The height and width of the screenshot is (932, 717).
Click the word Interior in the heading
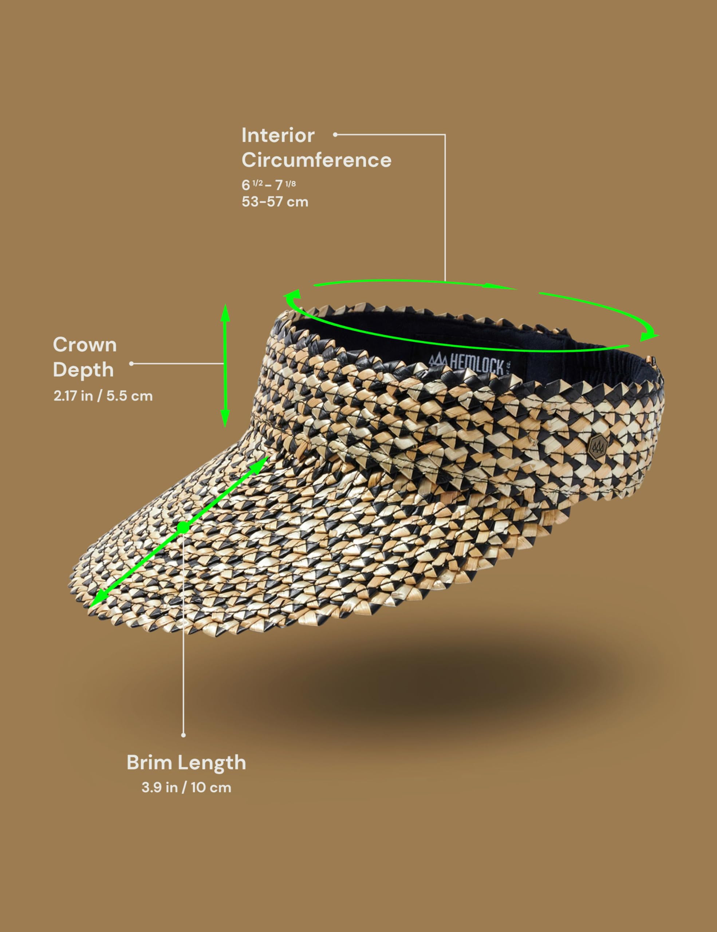[278, 135]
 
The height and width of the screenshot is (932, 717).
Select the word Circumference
[316, 160]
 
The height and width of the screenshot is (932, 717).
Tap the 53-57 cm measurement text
[275, 201]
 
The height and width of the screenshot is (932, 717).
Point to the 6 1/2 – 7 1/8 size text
[268, 185]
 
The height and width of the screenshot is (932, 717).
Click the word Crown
[84, 345]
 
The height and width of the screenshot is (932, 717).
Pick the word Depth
[83, 370]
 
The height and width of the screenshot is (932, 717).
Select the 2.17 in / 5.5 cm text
[103, 396]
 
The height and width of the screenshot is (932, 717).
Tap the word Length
[210, 763]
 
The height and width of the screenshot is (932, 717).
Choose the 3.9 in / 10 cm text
[186, 787]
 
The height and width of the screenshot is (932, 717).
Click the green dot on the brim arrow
[183, 527]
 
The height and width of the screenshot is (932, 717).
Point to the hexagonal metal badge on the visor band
[598, 447]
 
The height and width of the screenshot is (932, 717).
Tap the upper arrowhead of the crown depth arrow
[225, 314]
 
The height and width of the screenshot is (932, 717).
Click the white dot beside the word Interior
[335, 134]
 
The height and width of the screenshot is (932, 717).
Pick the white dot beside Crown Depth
[131, 364]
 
